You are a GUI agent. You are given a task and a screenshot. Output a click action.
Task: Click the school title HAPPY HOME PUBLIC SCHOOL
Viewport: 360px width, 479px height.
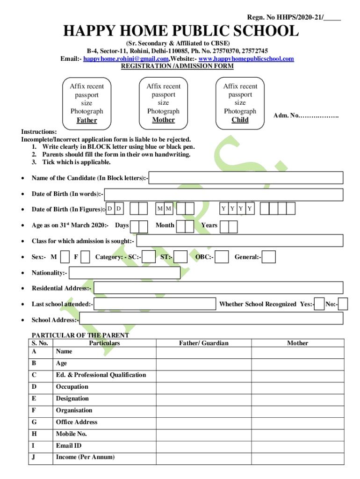click(181, 32)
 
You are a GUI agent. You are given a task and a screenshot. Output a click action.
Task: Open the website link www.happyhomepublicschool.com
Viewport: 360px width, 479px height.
click(246, 58)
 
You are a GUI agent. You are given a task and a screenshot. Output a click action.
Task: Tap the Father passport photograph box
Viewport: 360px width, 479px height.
click(87, 103)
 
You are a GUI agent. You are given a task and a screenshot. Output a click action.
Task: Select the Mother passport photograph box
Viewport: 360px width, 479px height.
click(163, 103)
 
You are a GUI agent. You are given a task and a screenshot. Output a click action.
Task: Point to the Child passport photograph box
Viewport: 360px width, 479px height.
click(240, 103)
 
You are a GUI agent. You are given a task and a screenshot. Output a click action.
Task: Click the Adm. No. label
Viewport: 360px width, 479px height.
click(306, 116)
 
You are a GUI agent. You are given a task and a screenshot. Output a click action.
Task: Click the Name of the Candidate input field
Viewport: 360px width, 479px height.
click(246, 178)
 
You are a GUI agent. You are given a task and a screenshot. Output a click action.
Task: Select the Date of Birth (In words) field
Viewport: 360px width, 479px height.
click(223, 194)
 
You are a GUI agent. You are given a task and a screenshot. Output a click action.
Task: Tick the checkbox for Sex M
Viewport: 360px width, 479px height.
click(65, 257)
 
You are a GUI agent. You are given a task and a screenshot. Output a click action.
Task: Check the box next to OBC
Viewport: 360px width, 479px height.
click(222, 257)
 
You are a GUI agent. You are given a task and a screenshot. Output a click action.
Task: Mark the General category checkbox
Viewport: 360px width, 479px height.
click(269, 257)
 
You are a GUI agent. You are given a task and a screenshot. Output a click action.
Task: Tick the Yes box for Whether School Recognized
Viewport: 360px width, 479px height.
click(319, 304)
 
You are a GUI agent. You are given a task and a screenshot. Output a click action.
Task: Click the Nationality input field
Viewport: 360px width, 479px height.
click(124, 273)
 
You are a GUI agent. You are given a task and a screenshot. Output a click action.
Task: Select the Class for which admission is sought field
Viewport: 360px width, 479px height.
click(239, 241)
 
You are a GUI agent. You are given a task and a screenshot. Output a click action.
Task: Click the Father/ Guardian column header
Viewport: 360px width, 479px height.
click(204, 343)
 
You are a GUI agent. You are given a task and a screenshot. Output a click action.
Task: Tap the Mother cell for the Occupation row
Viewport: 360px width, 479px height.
click(297, 387)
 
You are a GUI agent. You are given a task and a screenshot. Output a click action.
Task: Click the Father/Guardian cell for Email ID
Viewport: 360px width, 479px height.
click(204, 446)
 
